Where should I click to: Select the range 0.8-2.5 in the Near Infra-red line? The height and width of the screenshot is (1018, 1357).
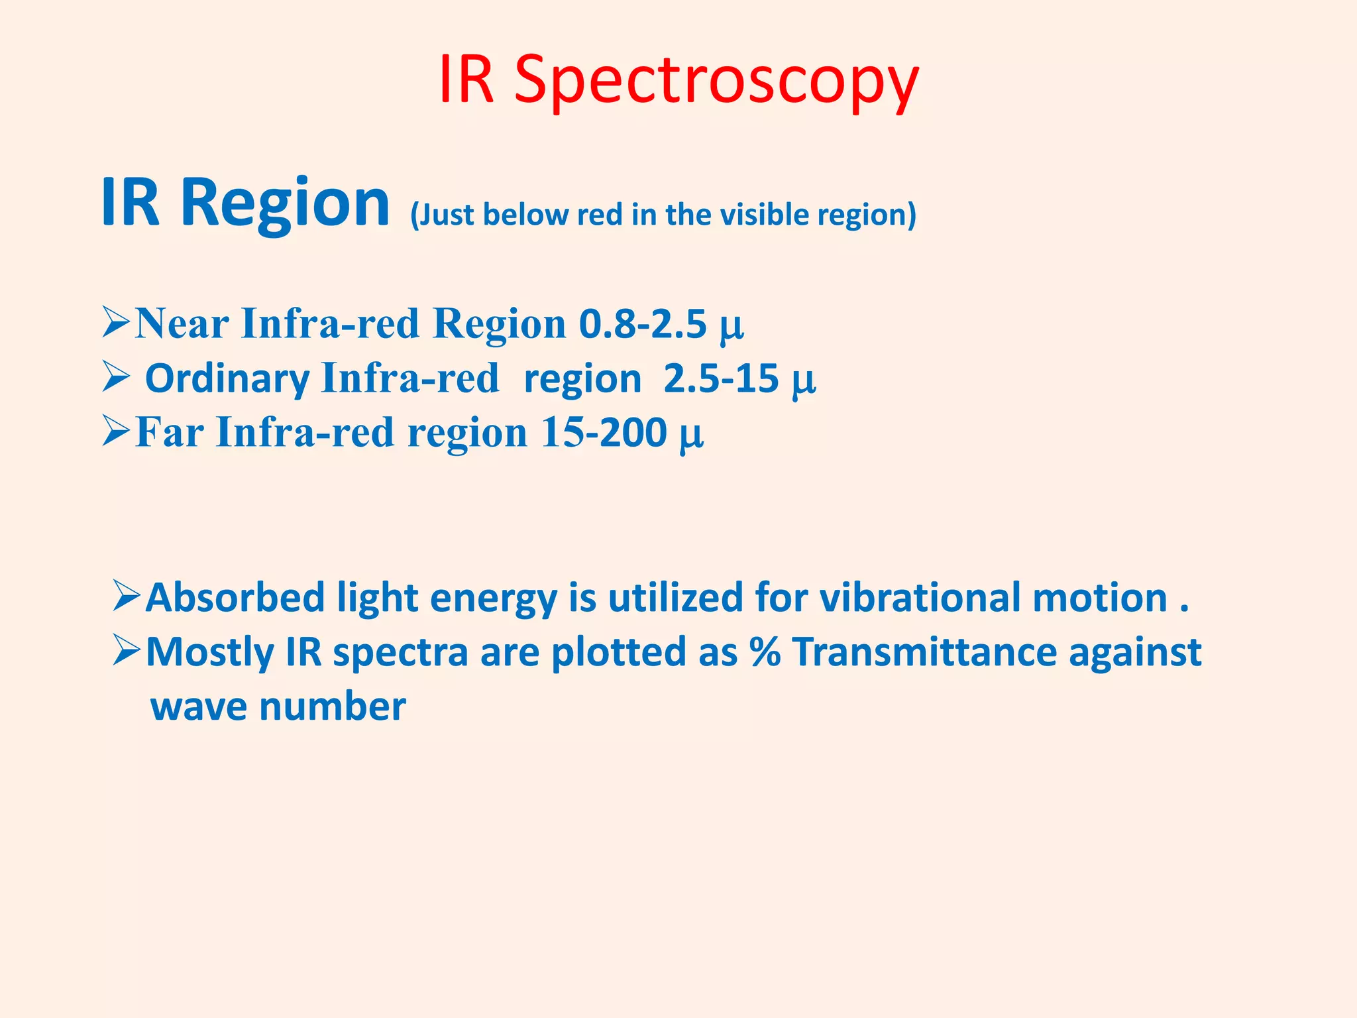643,324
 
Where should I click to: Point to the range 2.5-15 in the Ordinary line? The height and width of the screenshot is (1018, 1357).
721,378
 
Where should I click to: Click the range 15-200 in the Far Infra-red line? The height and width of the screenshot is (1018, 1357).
604,433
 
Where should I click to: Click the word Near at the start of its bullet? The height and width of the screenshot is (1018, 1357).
182,324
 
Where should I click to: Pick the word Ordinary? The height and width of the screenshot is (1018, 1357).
227,380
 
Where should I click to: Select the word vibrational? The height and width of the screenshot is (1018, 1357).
921,597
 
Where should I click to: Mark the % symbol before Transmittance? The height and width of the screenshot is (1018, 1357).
765,651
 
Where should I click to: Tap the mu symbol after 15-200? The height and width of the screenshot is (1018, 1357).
691,435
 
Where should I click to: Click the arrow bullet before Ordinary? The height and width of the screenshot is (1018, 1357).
115,378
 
